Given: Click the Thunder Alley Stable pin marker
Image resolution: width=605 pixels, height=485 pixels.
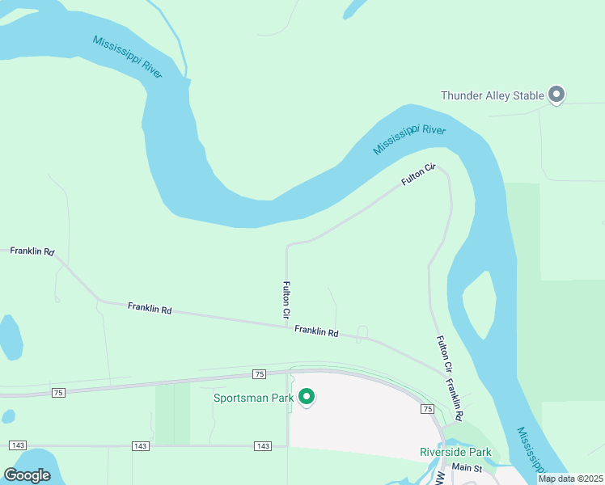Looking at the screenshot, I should click(x=556, y=95).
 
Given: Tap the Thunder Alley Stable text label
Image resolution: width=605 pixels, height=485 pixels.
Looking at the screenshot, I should click(x=492, y=95).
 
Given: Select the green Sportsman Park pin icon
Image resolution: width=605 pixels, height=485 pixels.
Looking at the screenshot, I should click(x=307, y=396).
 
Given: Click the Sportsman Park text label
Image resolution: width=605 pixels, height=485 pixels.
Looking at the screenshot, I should click(x=252, y=397).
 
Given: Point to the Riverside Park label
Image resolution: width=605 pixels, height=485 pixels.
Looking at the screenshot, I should click(x=455, y=452).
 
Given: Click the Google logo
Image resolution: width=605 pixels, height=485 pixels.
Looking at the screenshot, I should click(x=27, y=475).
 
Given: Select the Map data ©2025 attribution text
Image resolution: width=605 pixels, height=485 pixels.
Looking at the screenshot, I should click(x=570, y=479).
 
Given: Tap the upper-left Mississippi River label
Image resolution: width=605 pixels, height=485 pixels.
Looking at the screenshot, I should click(x=128, y=57).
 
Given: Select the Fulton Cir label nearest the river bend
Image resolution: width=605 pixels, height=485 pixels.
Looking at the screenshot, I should click(x=419, y=175).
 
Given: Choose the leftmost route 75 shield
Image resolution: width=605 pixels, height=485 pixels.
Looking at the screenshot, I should click(x=57, y=392).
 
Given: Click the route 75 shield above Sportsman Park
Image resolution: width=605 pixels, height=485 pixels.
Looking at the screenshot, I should click(x=259, y=373).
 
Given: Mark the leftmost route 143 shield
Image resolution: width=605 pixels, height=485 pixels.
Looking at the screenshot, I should click(x=18, y=446).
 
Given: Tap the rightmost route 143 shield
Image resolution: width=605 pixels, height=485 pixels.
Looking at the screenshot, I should click(x=262, y=446).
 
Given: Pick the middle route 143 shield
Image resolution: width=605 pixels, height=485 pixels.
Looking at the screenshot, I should click(x=140, y=446).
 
